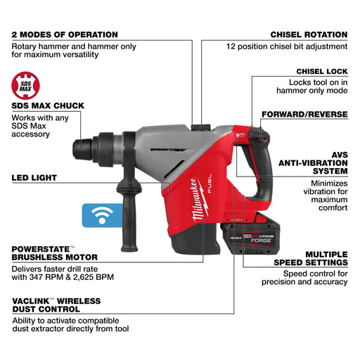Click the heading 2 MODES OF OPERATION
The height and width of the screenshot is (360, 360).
click(x=65, y=34)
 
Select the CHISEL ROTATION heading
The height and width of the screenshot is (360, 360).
click(x=309, y=34)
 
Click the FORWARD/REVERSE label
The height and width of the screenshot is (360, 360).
click(x=304, y=114)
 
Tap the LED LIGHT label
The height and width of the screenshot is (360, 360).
click(x=34, y=177)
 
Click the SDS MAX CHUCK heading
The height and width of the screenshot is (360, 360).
click(x=48, y=105)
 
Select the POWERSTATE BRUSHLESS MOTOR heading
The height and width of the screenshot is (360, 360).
click(x=55, y=252)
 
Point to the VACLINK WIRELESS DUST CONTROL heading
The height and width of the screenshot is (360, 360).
click(x=56, y=305)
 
